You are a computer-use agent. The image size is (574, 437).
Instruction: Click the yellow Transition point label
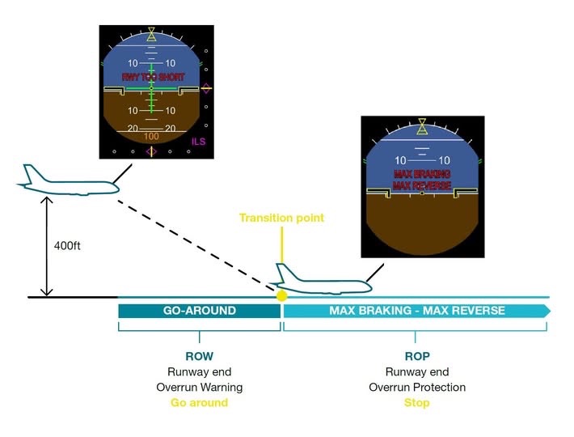281,218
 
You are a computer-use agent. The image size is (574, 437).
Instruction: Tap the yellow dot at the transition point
281,296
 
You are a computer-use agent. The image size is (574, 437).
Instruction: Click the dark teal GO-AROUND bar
199,311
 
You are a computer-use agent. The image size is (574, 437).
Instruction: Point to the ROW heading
199,356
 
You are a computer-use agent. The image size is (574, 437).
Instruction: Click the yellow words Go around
199,402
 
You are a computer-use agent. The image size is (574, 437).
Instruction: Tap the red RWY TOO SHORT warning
151,77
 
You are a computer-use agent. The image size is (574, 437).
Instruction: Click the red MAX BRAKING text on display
421,174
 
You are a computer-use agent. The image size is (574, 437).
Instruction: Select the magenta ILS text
199,142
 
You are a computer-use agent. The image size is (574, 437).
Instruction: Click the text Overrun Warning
199,387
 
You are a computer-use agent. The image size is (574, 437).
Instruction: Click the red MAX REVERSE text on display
421,185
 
